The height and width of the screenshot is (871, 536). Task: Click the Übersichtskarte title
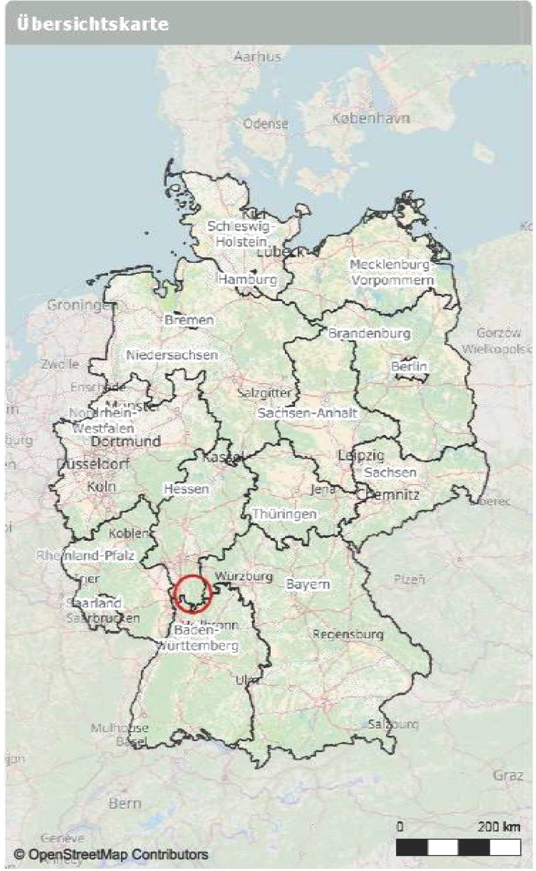[93, 24]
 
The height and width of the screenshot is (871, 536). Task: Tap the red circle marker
[192, 594]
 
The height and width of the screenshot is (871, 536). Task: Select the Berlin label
[409, 366]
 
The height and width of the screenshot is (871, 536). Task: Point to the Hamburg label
[247, 279]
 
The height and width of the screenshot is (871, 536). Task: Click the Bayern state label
[308, 584]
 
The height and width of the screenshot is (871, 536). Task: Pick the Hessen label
[186, 489]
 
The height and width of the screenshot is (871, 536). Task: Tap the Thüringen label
[284, 514]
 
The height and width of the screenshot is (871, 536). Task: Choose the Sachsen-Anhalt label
[307, 413]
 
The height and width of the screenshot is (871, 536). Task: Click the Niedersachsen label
[172, 355]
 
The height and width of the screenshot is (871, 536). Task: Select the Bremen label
[189, 320]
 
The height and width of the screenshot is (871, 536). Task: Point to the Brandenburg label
[369, 333]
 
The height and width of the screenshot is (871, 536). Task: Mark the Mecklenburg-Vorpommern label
[391, 272]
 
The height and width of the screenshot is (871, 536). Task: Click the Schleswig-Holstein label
[240, 234]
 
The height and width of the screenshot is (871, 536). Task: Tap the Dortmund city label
[126, 441]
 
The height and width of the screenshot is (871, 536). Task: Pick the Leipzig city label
[361, 455]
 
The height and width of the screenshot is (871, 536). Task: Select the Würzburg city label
[244, 576]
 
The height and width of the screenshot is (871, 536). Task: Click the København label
[370, 118]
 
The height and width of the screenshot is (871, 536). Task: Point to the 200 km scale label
[499, 826]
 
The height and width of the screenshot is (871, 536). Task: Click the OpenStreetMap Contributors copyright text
[111, 854]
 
